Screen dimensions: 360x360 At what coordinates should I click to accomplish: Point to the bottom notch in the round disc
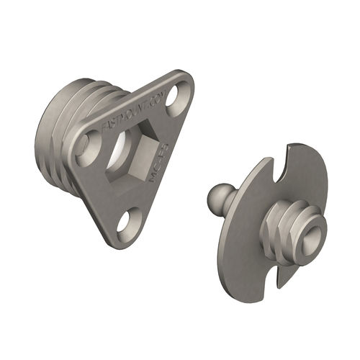pyautogui.click(x=274, y=268)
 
